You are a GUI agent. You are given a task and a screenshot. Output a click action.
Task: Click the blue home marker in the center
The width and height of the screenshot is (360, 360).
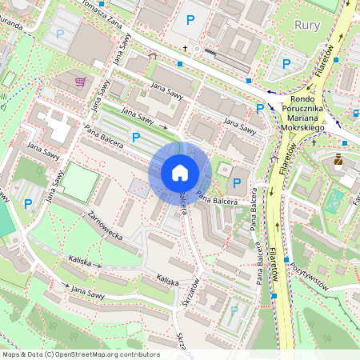pyautogui.click(x=180, y=173)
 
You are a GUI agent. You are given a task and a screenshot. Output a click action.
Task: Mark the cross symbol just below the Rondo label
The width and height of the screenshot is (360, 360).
pyautogui.click(x=314, y=142)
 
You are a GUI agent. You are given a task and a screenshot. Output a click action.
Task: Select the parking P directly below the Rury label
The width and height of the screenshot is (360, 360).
pyautogui.click(x=286, y=63)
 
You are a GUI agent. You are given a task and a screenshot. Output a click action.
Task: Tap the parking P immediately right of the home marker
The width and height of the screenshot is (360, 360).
pyautogui.click(x=236, y=182)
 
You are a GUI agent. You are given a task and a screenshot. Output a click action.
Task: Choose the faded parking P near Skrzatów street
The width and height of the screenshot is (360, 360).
pyautogui.click(x=234, y=310)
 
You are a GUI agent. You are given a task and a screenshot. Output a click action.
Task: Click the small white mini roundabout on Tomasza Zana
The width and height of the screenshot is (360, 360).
pyautogui.click(x=197, y=50)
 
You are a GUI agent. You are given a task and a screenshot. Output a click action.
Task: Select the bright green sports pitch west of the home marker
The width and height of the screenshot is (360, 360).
pyautogui.click(x=78, y=182)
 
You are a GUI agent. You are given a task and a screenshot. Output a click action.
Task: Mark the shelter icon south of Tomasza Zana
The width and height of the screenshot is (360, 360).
pyautogui.click(x=154, y=55)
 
